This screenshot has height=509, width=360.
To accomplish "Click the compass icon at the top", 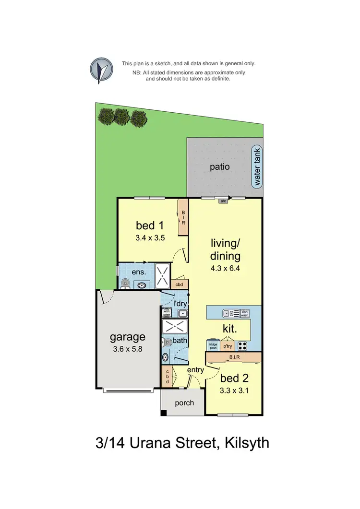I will point(101,71).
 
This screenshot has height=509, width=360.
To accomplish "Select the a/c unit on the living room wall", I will point(223,201).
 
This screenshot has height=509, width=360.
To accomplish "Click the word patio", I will point(220,167).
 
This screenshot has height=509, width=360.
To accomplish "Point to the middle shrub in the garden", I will point(122,116).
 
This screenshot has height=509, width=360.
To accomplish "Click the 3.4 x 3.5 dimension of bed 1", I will point(150,237).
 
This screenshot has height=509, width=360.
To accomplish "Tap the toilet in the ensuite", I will point(125,284).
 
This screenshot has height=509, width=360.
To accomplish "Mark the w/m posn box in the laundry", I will point(167,313).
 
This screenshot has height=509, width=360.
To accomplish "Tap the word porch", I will point(184,402).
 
